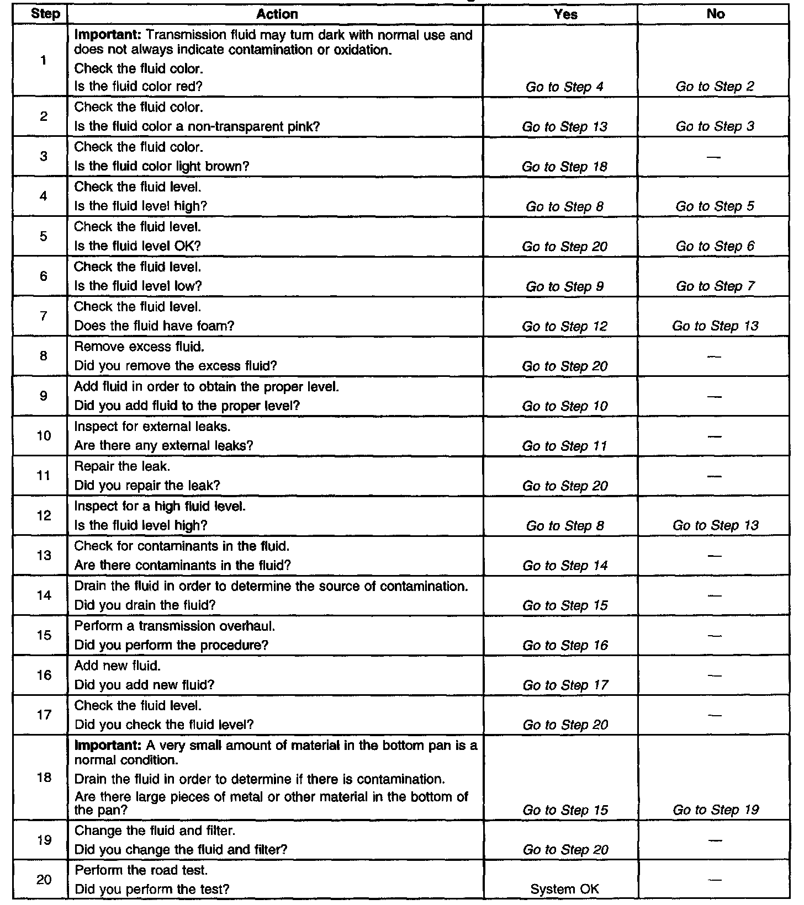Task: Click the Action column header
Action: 277,14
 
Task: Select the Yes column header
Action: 565,14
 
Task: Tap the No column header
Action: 715,14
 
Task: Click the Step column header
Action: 45,14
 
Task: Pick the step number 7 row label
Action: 44,316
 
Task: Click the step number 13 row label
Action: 44,555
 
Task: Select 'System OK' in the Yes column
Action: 564,889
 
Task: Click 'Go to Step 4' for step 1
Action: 564,87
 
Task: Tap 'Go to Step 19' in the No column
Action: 716,810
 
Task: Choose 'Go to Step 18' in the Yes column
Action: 564,167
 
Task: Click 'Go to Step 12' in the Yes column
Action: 564,326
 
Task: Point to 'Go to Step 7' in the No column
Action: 715,286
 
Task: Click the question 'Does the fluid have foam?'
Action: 154,326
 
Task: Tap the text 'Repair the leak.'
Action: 122,466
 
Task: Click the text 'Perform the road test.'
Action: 141,870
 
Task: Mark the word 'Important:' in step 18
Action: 108,746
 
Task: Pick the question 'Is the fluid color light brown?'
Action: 162,166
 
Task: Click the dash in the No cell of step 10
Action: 715,436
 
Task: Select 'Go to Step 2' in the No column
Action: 715,87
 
